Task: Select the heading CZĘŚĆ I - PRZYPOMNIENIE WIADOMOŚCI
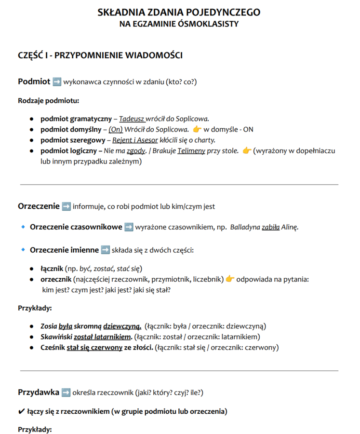tap(100, 55)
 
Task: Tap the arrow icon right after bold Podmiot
tap(57, 81)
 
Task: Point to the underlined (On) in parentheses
tap(115, 129)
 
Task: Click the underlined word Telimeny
tap(191, 150)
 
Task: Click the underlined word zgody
tap(136, 150)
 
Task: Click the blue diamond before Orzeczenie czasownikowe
tap(23, 227)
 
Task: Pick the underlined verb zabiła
tap(270, 227)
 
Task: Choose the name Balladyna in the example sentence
tap(245, 227)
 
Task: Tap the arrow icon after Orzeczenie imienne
tap(106, 250)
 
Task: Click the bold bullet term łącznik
tap(53, 268)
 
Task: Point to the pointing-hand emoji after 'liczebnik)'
tap(230, 279)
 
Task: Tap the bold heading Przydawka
tap(39, 392)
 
